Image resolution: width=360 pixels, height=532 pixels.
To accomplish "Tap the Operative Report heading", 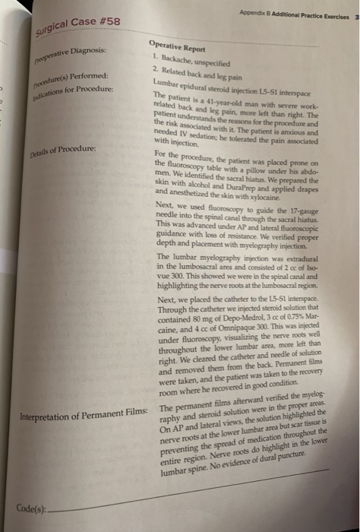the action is [x=180, y=46].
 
